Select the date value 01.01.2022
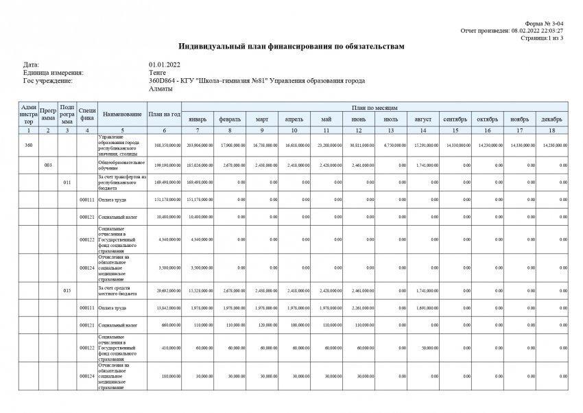coord(164,64)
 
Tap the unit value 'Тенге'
coord(157,73)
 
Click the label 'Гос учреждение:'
coord(47,81)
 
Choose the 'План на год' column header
coord(165,114)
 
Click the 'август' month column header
coord(423,119)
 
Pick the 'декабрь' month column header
coord(551,119)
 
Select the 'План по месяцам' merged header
coord(374,108)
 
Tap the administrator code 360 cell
coord(28,145)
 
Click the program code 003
coord(47,165)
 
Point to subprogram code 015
coord(67,291)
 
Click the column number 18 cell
coord(551,130)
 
